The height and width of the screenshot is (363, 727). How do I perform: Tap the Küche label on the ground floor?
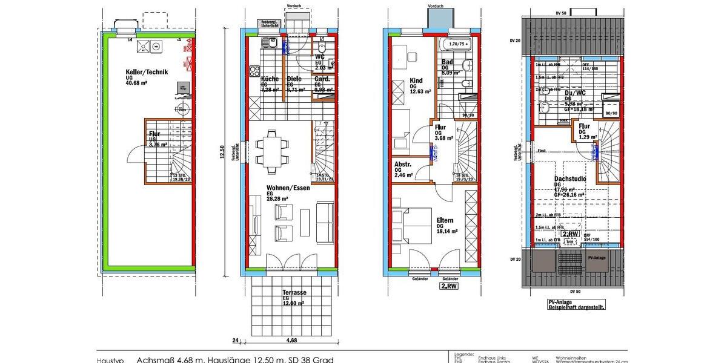pos(270,79)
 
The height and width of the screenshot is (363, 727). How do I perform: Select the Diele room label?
pos(294,79)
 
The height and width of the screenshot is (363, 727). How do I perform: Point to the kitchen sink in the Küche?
pos(271,43)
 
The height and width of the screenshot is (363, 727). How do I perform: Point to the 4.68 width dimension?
pos(291,340)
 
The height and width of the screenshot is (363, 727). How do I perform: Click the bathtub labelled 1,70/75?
pos(457,44)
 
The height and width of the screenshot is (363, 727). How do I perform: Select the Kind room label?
pos(416,80)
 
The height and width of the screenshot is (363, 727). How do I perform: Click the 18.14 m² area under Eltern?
pos(447,231)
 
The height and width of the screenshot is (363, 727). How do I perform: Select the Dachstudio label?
pos(569,179)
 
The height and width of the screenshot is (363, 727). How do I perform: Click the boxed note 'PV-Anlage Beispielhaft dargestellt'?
pos(568,305)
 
